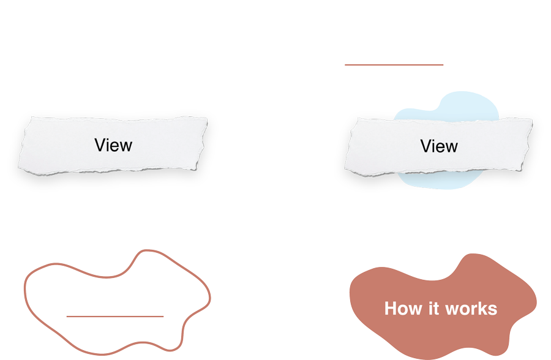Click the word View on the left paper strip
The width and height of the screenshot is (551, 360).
tap(113, 145)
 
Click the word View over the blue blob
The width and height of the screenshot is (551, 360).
tap(439, 146)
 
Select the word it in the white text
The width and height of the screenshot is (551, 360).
tap(433, 309)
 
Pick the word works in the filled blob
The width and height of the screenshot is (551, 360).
tap(471, 309)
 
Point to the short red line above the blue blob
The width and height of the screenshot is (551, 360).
tap(394, 65)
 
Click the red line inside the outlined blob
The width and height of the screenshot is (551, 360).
tap(115, 317)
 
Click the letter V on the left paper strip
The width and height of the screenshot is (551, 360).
tap(100, 145)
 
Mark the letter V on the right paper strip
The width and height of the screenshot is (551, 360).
tap(426, 146)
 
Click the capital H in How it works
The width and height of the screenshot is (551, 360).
tap(391, 309)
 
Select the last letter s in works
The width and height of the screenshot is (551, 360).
tap(493, 310)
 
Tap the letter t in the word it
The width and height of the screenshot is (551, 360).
tap(437, 309)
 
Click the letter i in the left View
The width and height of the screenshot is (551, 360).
tap(109, 145)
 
